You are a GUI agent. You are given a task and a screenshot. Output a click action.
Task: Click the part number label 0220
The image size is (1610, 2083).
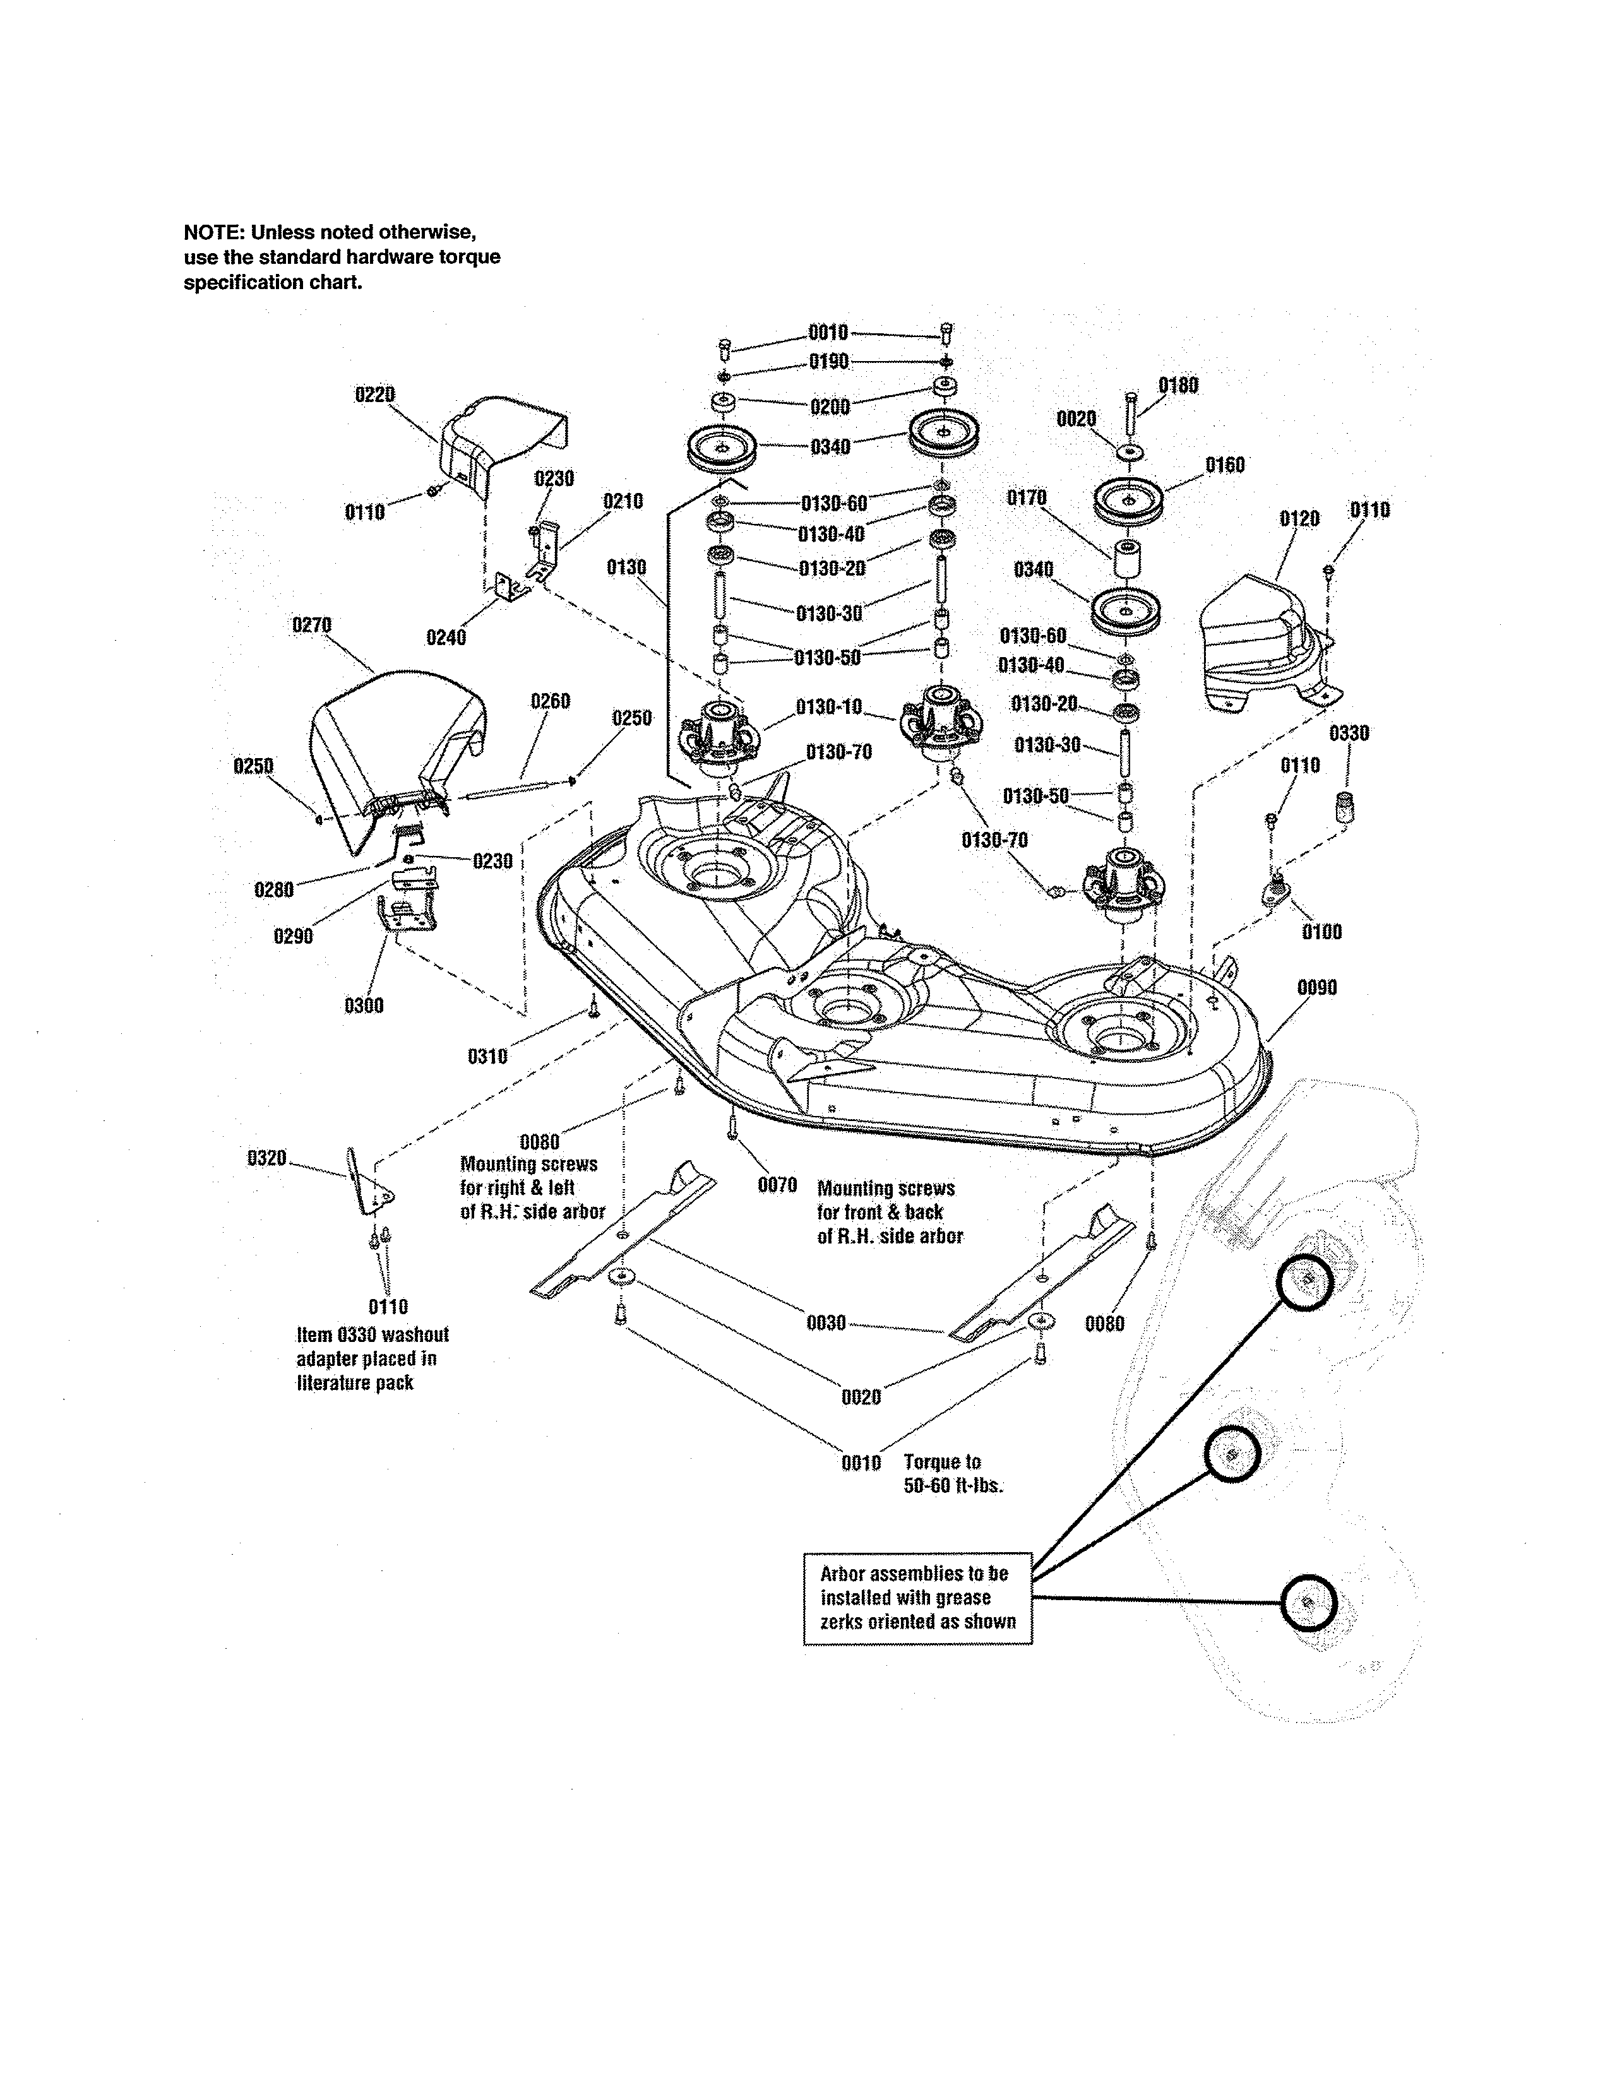pos(375,395)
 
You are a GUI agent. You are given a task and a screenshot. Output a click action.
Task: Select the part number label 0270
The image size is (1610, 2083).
pos(311,625)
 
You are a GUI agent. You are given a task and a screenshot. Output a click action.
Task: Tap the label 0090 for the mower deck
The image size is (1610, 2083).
pos(1316,988)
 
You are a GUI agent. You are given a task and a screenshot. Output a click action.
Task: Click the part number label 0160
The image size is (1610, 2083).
pos(1225,465)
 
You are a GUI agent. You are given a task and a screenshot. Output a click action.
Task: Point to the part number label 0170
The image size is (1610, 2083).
pos(1026,498)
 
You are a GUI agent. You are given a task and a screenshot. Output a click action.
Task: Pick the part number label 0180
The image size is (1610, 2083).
pos(1178,385)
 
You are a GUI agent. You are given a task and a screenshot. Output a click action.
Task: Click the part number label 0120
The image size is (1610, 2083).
pos(1299,519)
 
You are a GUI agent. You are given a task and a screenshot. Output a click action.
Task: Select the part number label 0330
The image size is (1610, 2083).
pos(1349,733)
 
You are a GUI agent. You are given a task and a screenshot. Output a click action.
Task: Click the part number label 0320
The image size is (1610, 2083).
pos(266,1159)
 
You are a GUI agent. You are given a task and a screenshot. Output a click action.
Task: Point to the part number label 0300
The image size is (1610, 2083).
pos(364,1006)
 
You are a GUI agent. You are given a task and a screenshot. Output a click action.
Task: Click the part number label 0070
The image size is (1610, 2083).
pos(777,1185)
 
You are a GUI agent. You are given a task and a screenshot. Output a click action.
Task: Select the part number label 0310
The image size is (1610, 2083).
pos(487,1056)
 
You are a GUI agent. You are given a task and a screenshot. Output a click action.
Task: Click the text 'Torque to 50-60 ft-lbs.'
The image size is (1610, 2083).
pos(952,1473)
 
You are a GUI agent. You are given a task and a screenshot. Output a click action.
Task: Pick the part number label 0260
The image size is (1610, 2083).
pos(551,702)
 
